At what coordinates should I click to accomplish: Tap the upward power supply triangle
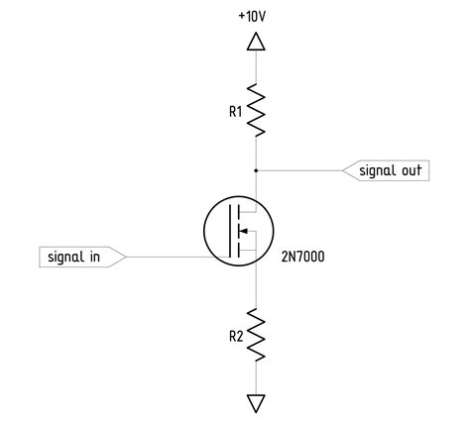(x=256, y=42)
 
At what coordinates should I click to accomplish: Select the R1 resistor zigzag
(x=256, y=109)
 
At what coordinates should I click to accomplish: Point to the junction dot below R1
(x=256, y=170)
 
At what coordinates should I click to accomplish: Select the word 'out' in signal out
(x=411, y=170)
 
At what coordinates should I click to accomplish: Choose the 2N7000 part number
(x=302, y=258)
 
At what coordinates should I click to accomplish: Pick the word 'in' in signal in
(x=95, y=258)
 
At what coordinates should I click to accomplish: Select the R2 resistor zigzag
(x=256, y=334)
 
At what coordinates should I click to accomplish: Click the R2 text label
(x=235, y=336)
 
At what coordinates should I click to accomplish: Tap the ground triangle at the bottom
(x=256, y=402)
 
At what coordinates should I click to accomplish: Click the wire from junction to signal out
(x=297, y=170)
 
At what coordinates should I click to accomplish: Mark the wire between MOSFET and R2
(x=256, y=287)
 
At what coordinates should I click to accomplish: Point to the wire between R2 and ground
(x=256, y=378)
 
